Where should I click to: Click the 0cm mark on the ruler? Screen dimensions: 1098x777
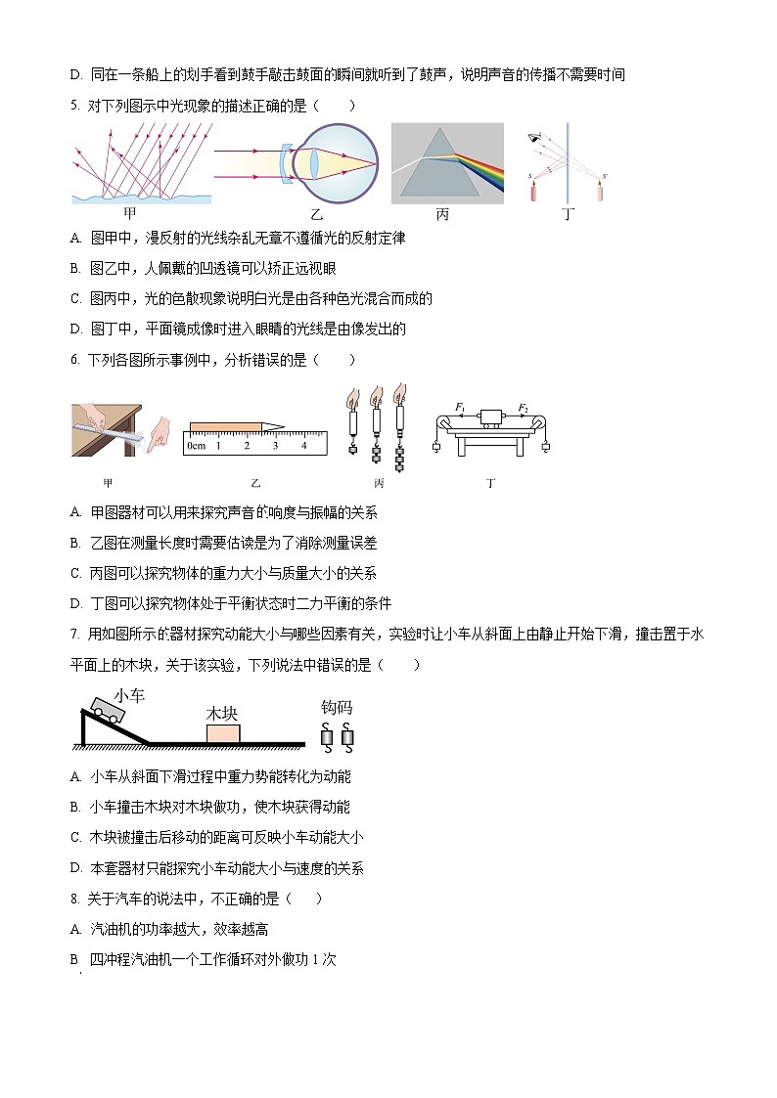[196, 446]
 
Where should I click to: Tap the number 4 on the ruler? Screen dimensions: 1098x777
[304, 446]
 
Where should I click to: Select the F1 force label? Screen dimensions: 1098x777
[460, 406]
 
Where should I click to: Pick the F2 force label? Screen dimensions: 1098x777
[524, 406]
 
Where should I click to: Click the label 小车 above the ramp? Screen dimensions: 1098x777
[129, 694]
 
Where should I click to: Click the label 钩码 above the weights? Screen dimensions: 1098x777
[336, 707]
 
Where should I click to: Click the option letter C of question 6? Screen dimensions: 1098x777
[75, 573]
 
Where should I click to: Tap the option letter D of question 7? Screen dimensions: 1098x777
[75, 867]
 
